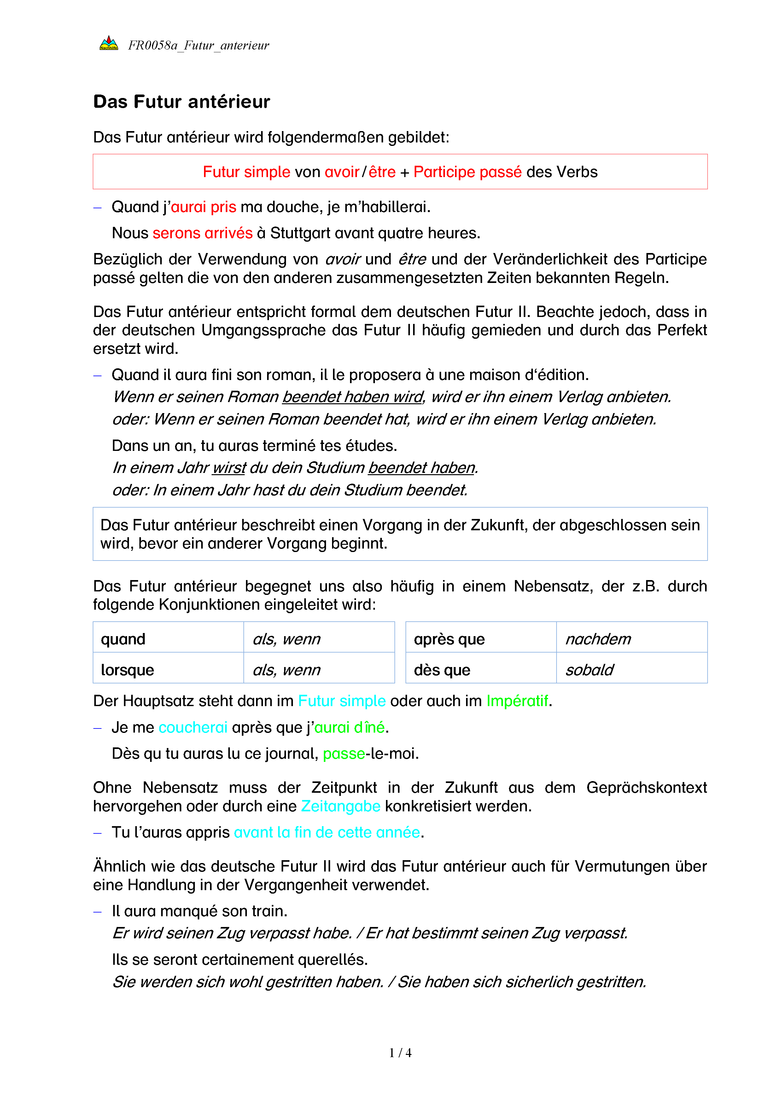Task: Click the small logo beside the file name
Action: point(109,43)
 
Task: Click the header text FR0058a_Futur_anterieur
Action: point(198,46)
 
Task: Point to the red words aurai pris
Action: point(203,207)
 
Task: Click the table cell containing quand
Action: point(168,639)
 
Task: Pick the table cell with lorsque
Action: point(168,670)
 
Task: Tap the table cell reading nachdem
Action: point(631,639)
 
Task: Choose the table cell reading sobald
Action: point(631,670)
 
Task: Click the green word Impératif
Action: point(517,701)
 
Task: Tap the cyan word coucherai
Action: point(193,727)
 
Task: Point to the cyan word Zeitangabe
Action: point(341,806)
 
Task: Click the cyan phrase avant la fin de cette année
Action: point(327,832)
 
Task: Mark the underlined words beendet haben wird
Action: point(353,397)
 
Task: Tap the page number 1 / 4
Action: point(400,1053)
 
